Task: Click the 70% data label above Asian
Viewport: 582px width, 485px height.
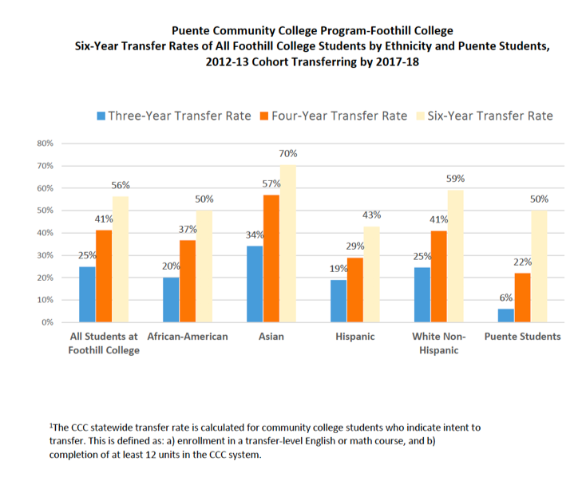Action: (288, 154)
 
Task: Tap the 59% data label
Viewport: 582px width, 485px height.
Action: (456, 179)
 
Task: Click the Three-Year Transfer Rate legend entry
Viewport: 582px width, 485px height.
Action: (174, 116)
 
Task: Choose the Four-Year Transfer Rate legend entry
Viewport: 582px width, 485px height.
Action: (333, 116)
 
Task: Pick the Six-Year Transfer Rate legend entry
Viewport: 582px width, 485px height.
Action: (485, 116)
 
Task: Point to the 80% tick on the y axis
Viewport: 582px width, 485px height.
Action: (46, 144)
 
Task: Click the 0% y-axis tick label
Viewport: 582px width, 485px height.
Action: (48, 322)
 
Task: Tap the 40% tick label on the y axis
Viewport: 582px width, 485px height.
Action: (46, 233)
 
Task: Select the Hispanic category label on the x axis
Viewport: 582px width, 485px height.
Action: (355, 337)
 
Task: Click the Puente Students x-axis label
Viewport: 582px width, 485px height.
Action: (523, 337)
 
